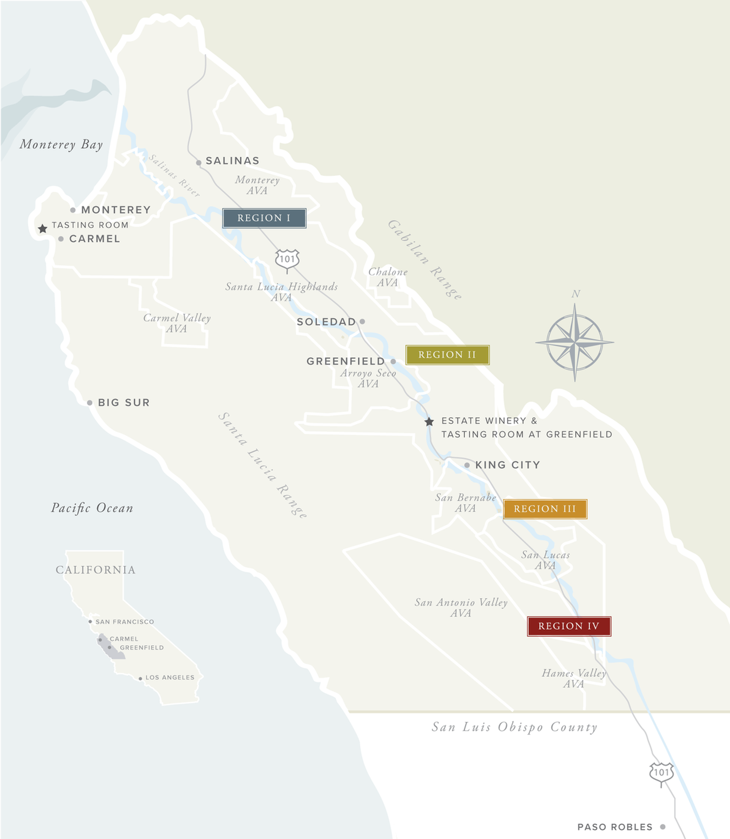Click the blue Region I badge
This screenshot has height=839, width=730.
(264, 218)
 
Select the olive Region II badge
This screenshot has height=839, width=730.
(447, 355)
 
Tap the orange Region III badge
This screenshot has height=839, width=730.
(545, 509)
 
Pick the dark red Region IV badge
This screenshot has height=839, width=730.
(569, 626)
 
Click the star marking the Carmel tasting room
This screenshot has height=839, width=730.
(42, 229)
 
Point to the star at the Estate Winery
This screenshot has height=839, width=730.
(429, 422)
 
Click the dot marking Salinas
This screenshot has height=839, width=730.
(198, 163)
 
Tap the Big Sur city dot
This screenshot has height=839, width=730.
(90, 402)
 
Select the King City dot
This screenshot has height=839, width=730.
(467, 465)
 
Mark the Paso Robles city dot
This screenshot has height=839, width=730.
(663, 827)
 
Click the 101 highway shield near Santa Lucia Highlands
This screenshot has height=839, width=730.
(287, 260)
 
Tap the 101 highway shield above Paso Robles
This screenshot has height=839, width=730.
(661, 773)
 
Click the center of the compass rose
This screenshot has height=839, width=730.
(575, 342)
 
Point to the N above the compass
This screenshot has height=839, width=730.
(576, 294)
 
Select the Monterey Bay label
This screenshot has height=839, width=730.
(61, 145)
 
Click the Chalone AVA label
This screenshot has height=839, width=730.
(388, 277)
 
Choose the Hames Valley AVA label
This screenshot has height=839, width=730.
(574, 678)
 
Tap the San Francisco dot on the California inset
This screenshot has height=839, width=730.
(90, 621)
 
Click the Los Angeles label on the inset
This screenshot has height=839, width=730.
(170, 677)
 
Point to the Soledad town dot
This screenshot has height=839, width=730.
(362, 322)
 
